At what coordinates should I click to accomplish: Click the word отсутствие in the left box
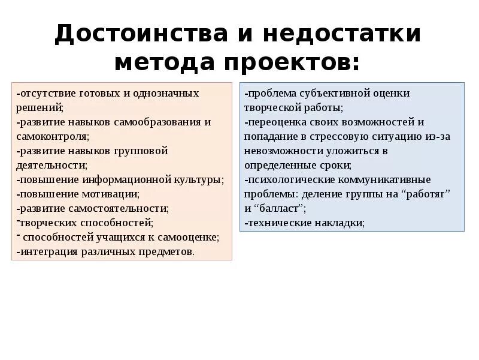[x=42, y=94]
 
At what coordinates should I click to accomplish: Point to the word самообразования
[x=163, y=122]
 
